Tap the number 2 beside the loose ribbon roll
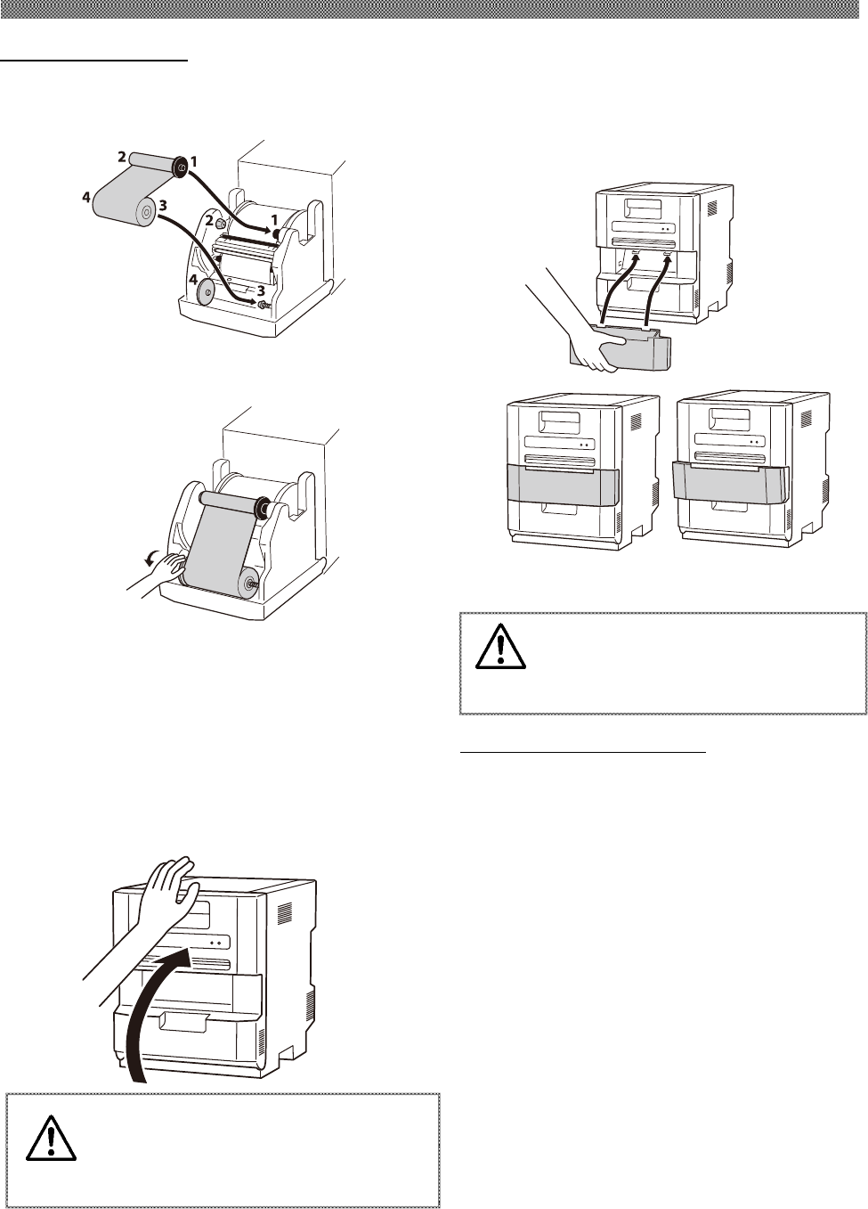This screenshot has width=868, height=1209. click(120, 156)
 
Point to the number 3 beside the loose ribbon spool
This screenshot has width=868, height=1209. click(163, 206)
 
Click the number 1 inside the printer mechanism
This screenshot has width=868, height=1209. click(275, 219)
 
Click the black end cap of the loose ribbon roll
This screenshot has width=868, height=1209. click(180, 166)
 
